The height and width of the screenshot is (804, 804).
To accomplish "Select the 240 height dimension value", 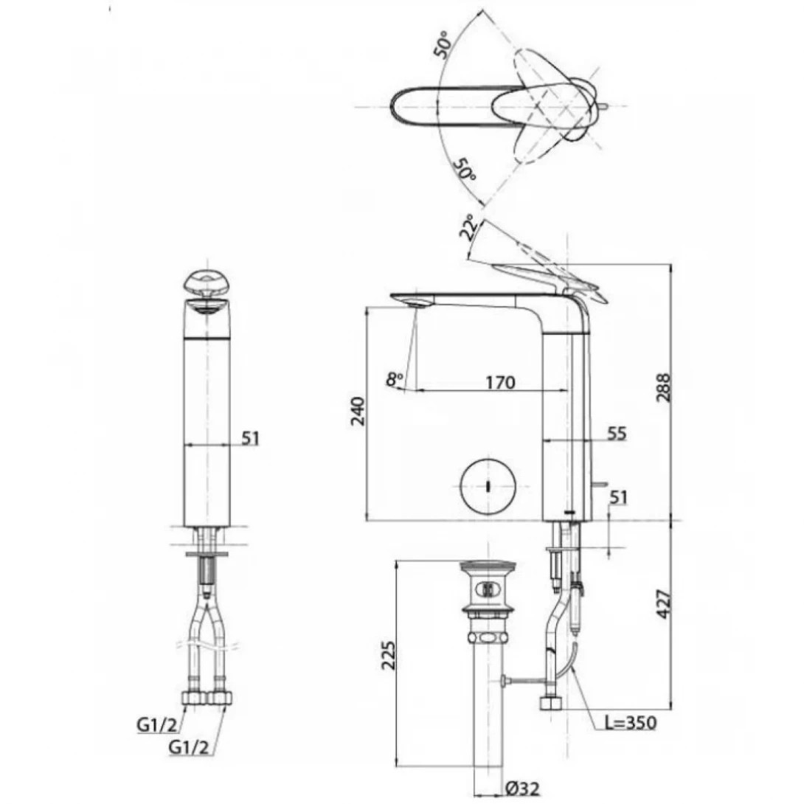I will tap(357, 412).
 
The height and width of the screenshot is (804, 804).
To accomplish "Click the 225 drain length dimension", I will tap(389, 654).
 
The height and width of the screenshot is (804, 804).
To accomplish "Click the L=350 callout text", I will tap(626, 723).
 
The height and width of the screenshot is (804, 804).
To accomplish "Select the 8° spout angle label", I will tap(395, 379).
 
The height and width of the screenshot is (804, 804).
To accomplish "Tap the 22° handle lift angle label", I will tap(468, 229).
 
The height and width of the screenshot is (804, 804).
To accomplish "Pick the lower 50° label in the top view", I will tap(464, 170).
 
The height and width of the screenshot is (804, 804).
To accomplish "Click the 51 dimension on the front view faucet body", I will tap(250, 438).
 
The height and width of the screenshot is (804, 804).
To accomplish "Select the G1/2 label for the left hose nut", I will tap(156, 724).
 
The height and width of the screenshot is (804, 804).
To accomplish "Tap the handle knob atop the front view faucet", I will tap(206, 284).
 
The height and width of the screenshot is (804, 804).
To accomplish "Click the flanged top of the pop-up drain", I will tap(487, 569).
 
